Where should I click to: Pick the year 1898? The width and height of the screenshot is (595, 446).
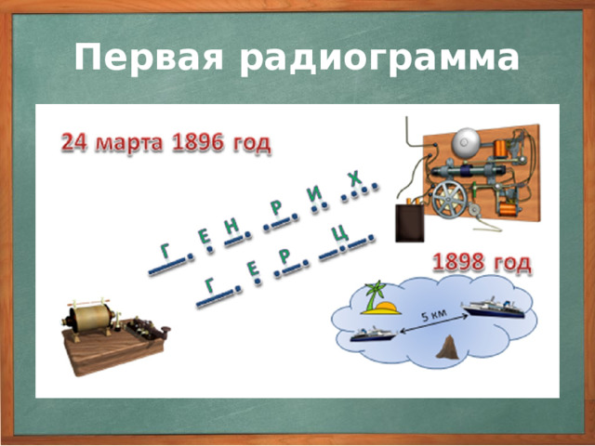click(462, 261)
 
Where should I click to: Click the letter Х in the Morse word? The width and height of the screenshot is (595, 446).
click(354, 177)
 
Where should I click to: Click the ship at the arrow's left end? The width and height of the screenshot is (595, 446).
click(370, 334)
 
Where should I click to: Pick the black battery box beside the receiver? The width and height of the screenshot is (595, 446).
click(409, 223)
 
